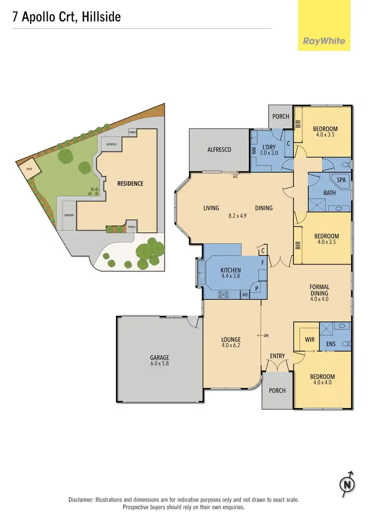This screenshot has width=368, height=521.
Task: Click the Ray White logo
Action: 324,41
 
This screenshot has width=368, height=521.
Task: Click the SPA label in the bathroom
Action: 341,180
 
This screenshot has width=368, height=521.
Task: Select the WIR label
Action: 310,339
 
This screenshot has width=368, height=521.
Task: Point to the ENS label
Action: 331,344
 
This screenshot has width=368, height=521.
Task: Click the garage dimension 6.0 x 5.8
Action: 159,364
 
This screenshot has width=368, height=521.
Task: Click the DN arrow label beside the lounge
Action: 266,336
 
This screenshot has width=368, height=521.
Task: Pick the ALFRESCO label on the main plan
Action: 219,150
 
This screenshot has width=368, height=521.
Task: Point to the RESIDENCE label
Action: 130,184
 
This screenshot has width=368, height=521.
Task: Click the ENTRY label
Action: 277,356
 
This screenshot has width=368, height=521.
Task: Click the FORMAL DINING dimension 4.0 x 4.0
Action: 319,299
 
